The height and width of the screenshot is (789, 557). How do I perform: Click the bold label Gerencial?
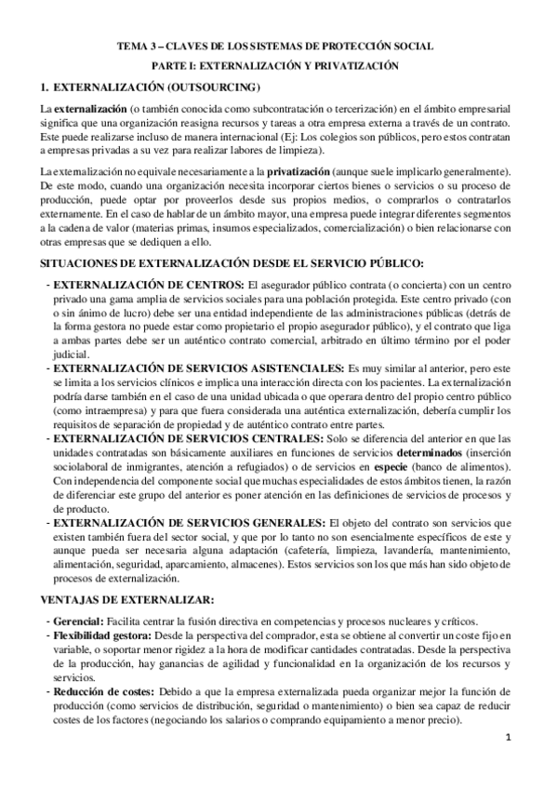tap(77, 621)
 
